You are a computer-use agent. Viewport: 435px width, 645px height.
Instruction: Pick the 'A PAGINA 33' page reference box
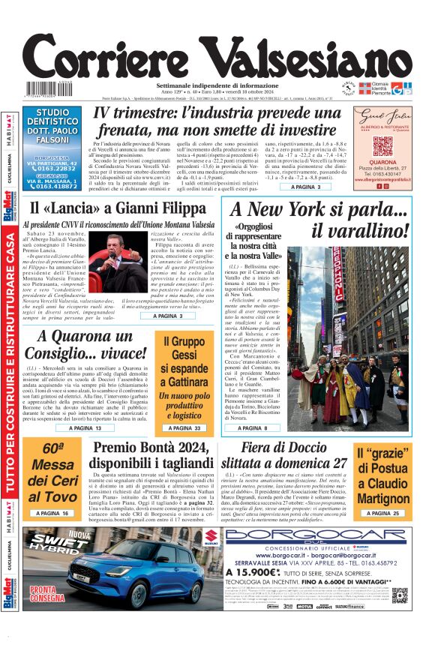184,427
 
